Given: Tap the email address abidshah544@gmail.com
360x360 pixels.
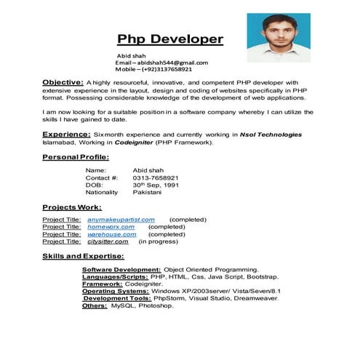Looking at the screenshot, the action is click(x=161, y=63).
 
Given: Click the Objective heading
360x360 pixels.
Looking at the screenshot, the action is click(x=63, y=82).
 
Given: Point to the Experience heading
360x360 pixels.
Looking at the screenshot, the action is click(x=65, y=135).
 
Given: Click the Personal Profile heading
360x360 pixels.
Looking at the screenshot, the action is click(x=75, y=157).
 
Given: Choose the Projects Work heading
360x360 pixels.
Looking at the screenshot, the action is click(x=71, y=207).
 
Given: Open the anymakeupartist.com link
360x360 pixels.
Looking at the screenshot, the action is click(x=121, y=219).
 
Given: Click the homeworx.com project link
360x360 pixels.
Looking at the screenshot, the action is click(x=111, y=226).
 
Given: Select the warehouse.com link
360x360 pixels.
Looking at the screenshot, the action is click(x=111, y=234).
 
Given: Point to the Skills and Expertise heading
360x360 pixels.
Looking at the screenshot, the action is click(x=82, y=256).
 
